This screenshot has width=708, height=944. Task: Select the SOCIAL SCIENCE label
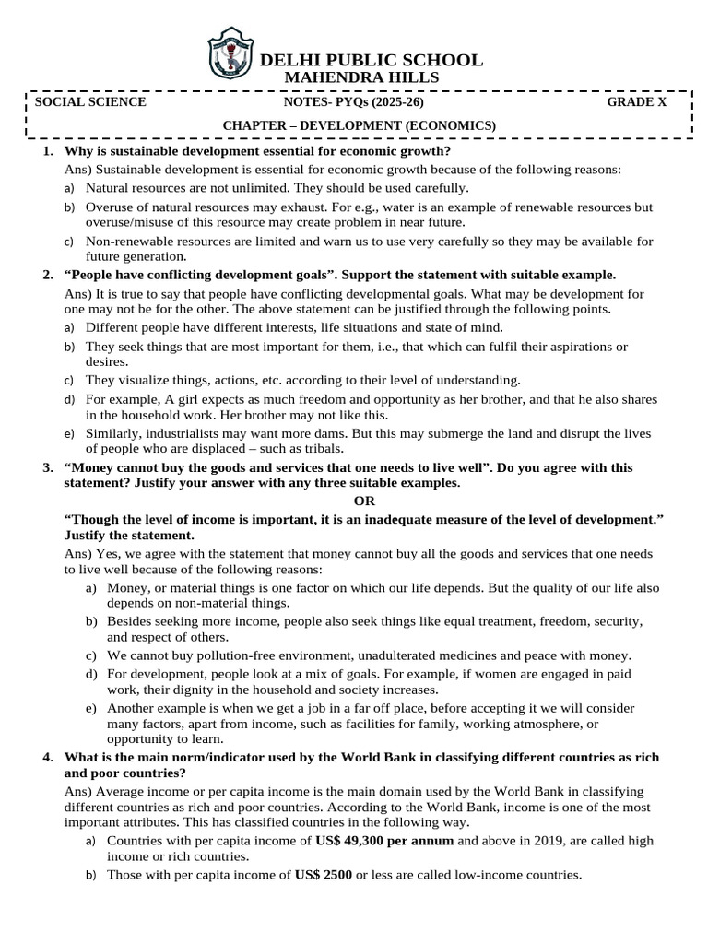coord(89,102)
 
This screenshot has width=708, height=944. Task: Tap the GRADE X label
coord(636,102)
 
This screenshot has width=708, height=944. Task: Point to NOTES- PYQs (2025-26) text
coord(354,102)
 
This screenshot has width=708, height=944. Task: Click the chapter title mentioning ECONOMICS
coord(360,125)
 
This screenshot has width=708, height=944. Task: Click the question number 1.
coord(47,150)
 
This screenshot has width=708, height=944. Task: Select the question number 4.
coord(47,757)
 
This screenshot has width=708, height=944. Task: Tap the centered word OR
coord(366,501)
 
